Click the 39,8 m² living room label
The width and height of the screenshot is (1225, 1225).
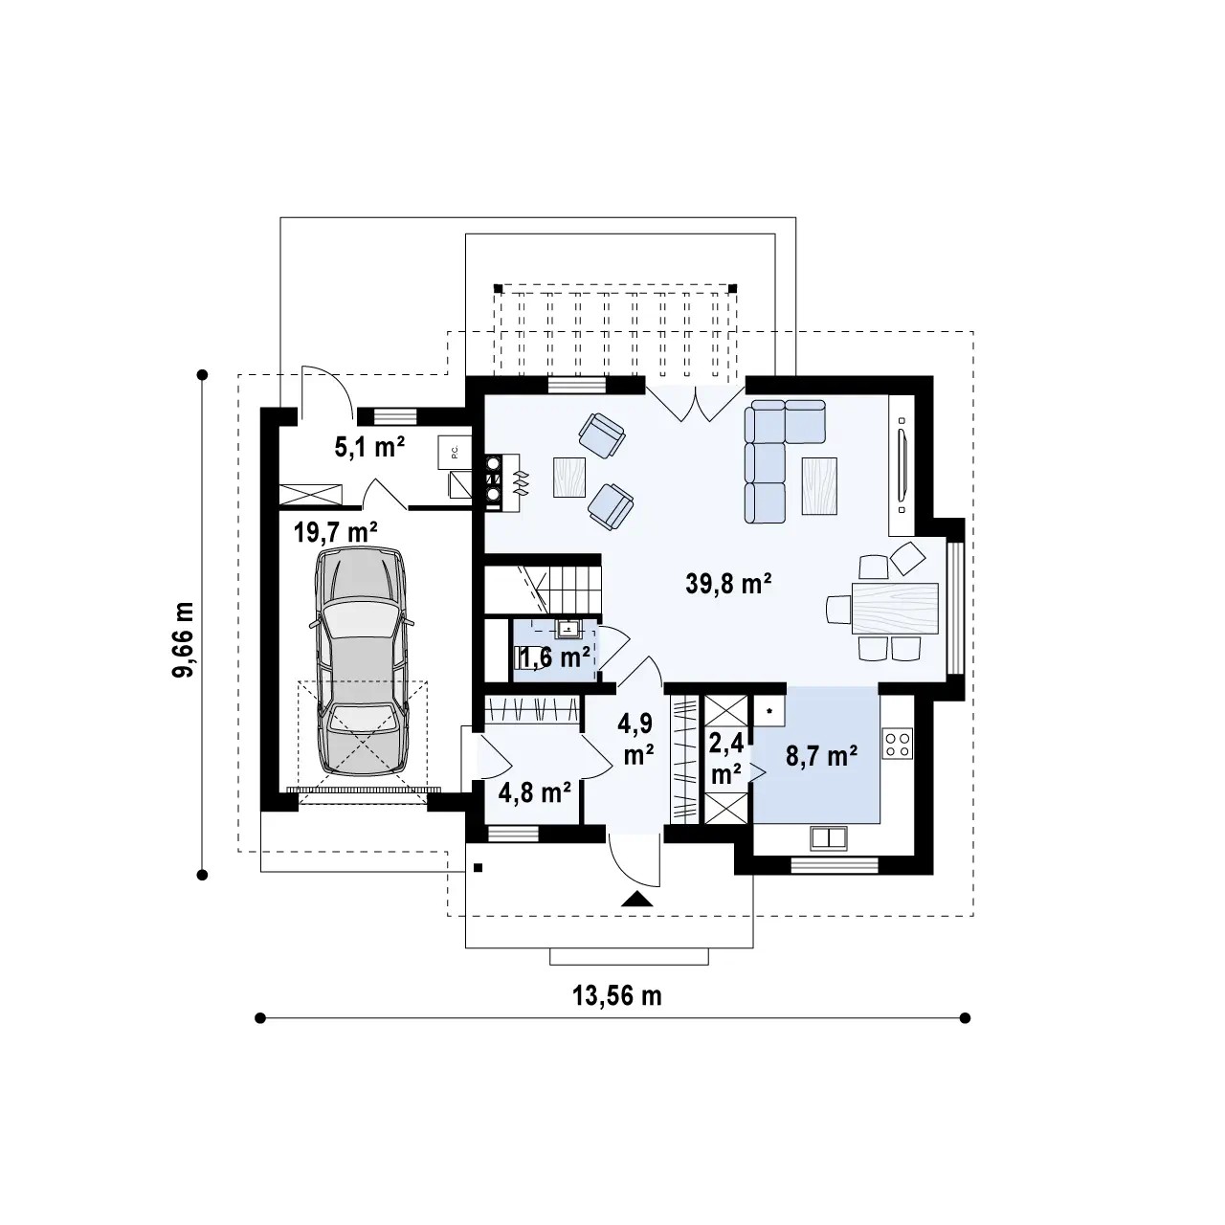tap(728, 582)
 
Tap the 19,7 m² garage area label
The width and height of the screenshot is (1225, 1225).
tap(336, 531)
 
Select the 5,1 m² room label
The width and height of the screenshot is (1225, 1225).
tap(369, 447)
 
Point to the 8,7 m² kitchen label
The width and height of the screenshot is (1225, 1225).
tap(822, 756)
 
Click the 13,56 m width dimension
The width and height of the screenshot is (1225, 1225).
tap(617, 995)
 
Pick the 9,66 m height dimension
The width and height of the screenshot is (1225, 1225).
tap(185, 639)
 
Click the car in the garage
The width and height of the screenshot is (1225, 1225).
tap(361, 661)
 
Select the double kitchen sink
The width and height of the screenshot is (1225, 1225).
tap(829, 837)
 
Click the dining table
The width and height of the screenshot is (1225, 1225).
tap(895, 609)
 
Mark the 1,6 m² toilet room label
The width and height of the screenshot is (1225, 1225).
tap(554, 657)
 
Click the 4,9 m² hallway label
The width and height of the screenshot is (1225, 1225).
tap(639, 741)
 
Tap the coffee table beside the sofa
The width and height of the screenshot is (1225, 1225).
tap(819, 485)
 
